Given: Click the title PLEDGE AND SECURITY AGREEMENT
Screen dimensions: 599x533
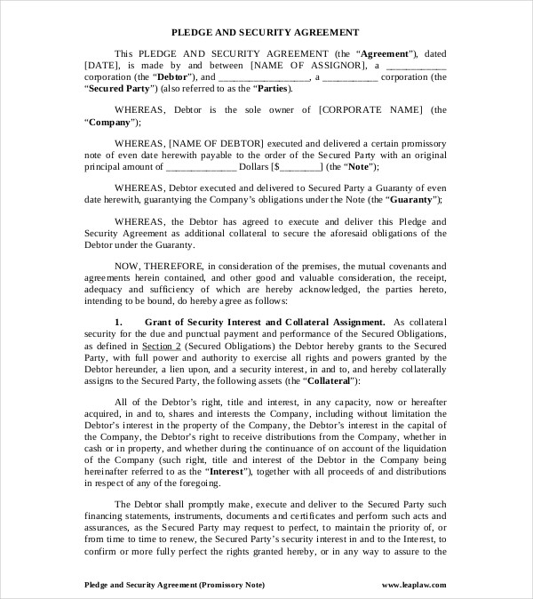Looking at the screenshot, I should pyautogui.click(x=266, y=31).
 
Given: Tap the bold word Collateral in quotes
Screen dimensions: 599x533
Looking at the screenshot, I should pyautogui.click(x=329, y=380).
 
